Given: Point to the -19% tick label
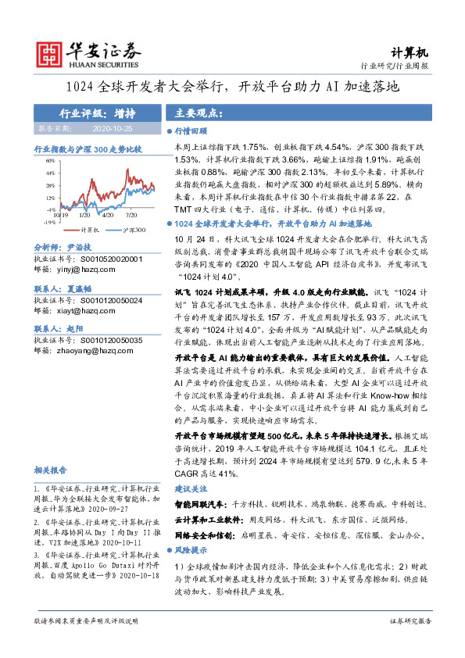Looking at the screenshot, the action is [48, 221].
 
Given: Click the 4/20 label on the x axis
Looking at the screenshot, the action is [108, 213].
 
